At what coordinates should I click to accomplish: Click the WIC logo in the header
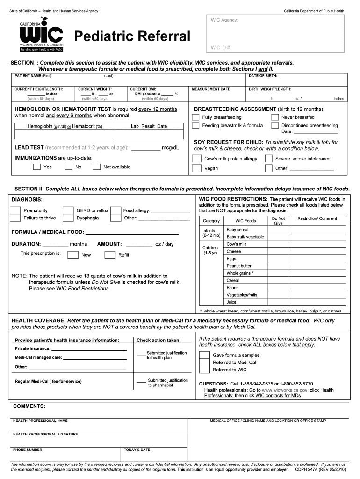coord(41,35)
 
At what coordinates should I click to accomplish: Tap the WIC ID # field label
coord(221,47)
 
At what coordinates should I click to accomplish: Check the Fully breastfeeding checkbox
coord(196,117)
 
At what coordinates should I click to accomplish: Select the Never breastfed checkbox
coord(275,117)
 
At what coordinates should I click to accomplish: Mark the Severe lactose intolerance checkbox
coord(268,159)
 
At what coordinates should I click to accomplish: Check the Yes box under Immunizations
coord(36,167)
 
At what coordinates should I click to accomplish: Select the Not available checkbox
coord(96,167)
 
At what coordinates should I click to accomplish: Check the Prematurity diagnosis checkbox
coord(15,211)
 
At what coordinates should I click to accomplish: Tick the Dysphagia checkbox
coord(68,218)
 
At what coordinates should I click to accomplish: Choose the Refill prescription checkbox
coord(110,255)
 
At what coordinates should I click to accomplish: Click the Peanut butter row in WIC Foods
coord(239,266)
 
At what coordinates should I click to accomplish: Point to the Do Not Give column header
coord(278,221)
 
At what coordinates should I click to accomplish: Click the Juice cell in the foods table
coord(231,302)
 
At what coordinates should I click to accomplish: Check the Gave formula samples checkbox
coord(204,355)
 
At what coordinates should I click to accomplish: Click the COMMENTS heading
coord(29,406)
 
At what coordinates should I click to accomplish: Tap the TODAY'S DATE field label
coord(137,450)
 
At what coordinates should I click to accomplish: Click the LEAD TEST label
coord(30,148)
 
